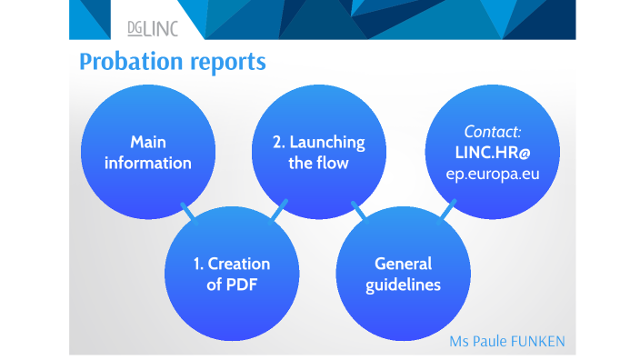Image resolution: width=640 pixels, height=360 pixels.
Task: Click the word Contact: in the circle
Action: [x=493, y=132]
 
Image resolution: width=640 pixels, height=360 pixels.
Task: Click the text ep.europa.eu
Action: [x=493, y=173]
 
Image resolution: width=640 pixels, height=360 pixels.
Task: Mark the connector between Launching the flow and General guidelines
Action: [x=359, y=213]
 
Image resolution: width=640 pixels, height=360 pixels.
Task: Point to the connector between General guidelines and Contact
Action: [x=445, y=213]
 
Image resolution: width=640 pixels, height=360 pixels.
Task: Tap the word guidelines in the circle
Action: [x=403, y=285]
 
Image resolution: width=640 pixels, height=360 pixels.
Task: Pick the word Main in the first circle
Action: [x=148, y=142]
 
